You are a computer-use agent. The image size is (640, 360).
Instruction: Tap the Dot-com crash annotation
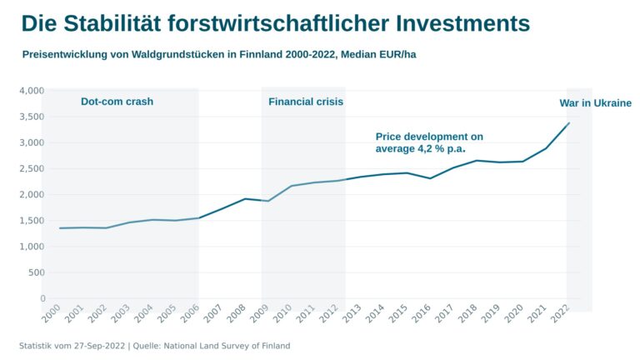pyautogui.click(x=117, y=102)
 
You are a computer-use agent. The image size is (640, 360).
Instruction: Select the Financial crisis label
pyautogui.click(x=306, y=102)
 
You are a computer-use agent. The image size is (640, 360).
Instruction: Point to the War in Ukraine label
pyautogui.click(x=595, y=103)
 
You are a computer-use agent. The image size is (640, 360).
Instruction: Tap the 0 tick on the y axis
pyautogui.click(x=42, y=298)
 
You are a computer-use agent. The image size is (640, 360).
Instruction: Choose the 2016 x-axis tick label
pyautogui.click(x=422, y=315)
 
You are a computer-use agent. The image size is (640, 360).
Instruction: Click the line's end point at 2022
pyautogui.click(x=569, y=123)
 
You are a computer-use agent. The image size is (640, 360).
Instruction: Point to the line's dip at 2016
pyautogui.click(x=430, y=178)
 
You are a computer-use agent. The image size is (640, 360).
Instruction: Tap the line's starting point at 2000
pyautogui.click(x=59, y=228)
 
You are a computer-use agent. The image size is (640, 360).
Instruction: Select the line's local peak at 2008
pyautogui.click(x=245, y=198)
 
